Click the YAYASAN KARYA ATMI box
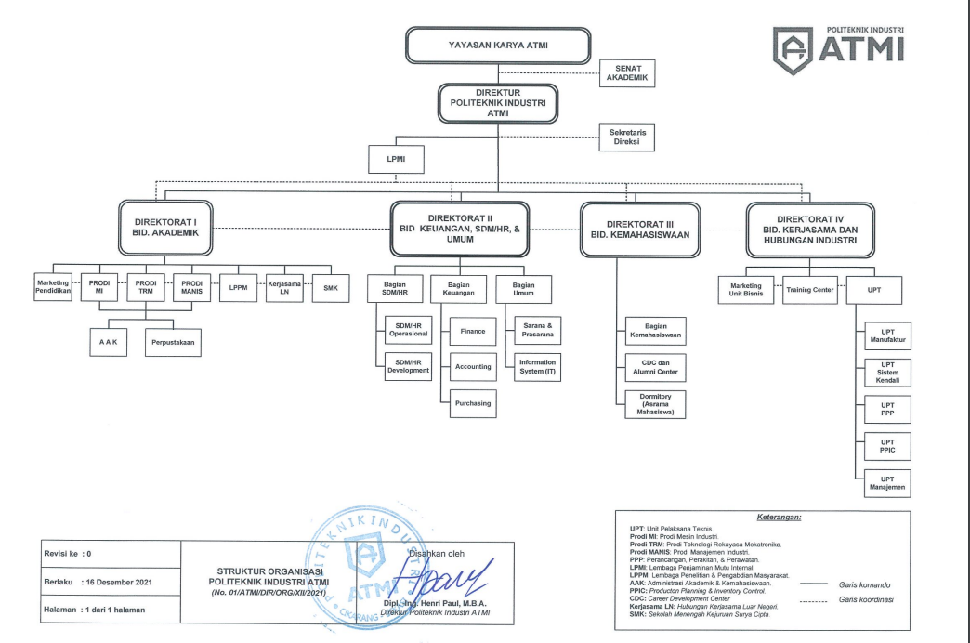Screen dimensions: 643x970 point(498,44)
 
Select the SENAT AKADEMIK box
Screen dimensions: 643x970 point(628,73)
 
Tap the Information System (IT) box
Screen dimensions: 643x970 point(538,367)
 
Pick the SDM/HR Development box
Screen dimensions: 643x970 point(407,366)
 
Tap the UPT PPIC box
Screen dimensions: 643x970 point(887,447)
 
